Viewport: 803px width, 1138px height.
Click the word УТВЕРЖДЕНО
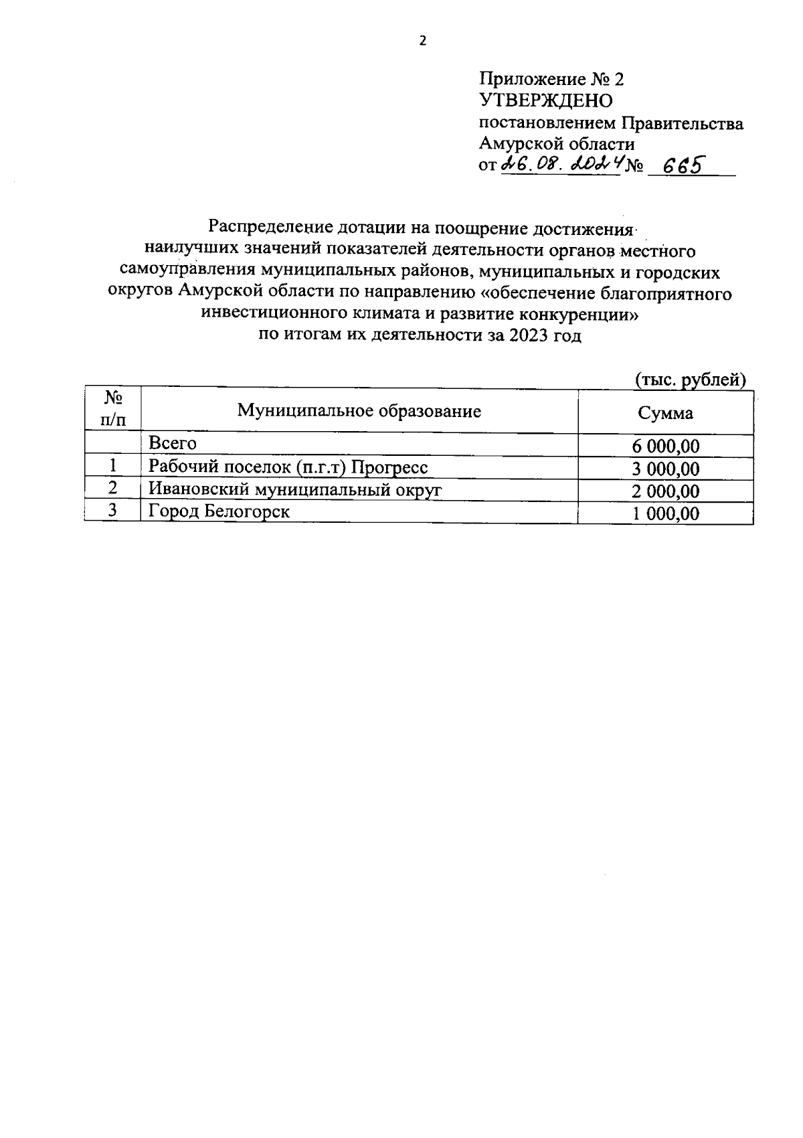coord(545,101)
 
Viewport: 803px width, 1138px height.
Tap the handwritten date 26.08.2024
coord(560,164)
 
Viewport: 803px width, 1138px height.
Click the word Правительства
coord(683,123)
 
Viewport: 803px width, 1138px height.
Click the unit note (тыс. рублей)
coord(690,380)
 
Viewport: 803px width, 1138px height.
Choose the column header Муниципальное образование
coord(359,410)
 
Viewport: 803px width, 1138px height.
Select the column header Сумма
coord(665,413)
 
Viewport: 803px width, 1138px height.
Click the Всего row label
coord(173,443)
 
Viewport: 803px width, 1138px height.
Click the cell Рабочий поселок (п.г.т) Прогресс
coord(288,467)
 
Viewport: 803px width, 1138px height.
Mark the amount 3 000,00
coord(665,469)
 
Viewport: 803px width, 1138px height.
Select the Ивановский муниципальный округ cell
coord(295,489)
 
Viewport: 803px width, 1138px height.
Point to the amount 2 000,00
coord(665,492)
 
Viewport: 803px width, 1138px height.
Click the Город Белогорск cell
coord(219,511)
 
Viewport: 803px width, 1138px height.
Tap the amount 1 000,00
coord(665,514)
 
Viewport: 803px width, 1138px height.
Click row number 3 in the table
coord(113,511)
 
